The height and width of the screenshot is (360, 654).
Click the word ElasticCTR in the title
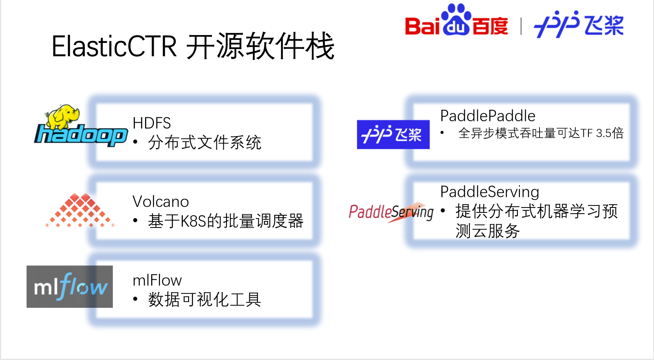coord(114,46)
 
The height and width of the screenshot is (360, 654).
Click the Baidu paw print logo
coord(456,20)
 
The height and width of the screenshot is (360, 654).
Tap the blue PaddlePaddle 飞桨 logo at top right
coord(579,25)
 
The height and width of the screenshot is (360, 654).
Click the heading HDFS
coord(152,123)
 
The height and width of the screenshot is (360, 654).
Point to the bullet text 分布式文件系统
coord(205,143)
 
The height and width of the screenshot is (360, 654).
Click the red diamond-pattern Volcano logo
coord(80,210)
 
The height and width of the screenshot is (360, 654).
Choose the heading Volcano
coord(161,202)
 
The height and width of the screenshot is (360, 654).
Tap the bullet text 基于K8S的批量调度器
coord(225,221)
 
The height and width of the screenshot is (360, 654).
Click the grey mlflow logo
coord(70,287)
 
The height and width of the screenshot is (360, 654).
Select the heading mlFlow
coord(157,280)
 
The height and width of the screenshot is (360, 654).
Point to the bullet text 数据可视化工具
coord(205,300)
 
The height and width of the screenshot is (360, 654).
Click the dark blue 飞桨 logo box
coord(393,135)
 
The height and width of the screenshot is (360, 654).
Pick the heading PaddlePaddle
coord(488,116)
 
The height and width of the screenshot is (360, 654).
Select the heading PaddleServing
coord(489,192)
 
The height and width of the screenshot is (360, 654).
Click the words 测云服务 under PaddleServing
coord(487,231)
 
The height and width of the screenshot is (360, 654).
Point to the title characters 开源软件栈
coord(260,46)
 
